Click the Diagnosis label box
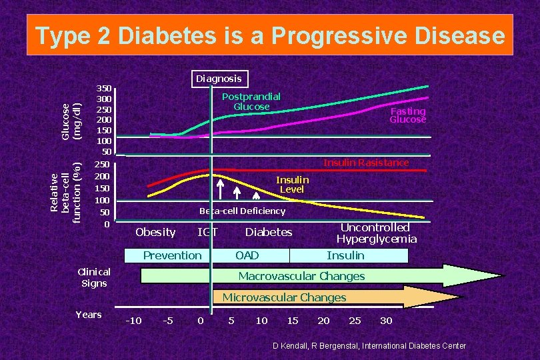(x=220, y=79)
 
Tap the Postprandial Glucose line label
(x=251, y=101)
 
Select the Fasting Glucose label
(x=408, y=115)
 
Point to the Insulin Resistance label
(x=366, y=163)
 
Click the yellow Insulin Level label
(x=292, y=185)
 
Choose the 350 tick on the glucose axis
(x=103, y=89)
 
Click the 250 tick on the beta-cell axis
(x=101, y=165)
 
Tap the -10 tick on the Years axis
(x=133, y=321)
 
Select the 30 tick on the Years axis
(x=386, y=321)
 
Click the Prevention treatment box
(x=167, y=255)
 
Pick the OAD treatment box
(x=251, y=255)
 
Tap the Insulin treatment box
(x=349, y=255)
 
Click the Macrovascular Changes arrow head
(x=473, y=275)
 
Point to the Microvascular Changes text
(x=284, y=297)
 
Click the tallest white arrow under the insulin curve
(x=220, y=189)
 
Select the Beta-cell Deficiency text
(x=243, y=211)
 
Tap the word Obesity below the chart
(x=155, y=233)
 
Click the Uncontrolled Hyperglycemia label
(x=377, y=233)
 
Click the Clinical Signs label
(x=94, y=277)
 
